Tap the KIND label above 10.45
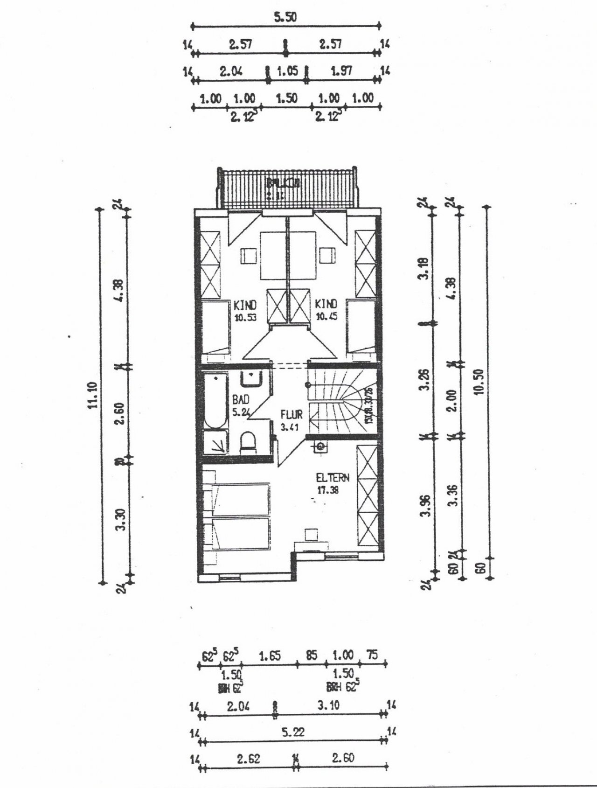pyautogui.click(x=326, y=305)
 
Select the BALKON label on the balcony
pyautogui.click(x=283, y=184)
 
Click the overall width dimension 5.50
pyautogui.click(x=285, y=17)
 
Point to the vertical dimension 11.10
pyautogui.click(x=93, y=395)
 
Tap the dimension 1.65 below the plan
pyautogui.click(x=270, y=656)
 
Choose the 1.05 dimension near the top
pyautogui.click(x=287, y=71)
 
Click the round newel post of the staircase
pyautogui.click(x=308, y=384)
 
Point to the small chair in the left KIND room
pyautogui.click(x=248, y=255)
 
